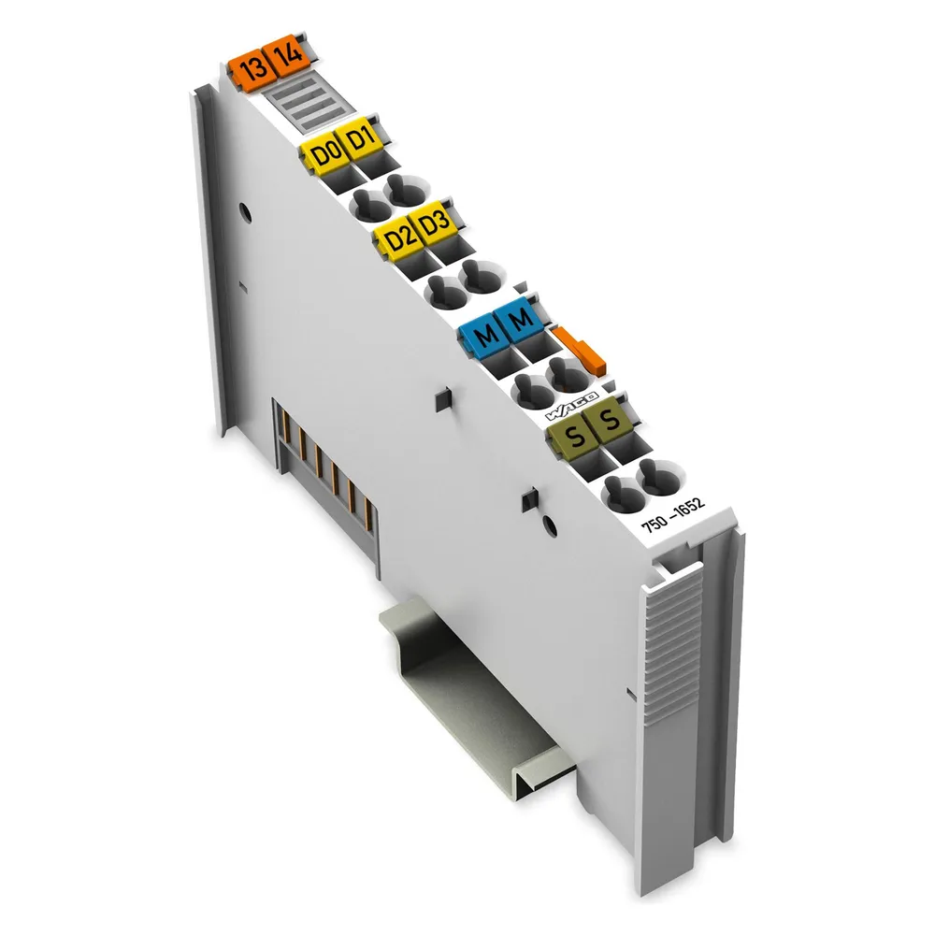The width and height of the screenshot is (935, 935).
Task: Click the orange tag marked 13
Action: click(252, 69)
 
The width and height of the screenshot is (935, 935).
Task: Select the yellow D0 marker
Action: click(325, 154)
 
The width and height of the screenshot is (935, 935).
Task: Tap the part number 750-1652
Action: click(672, 513)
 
